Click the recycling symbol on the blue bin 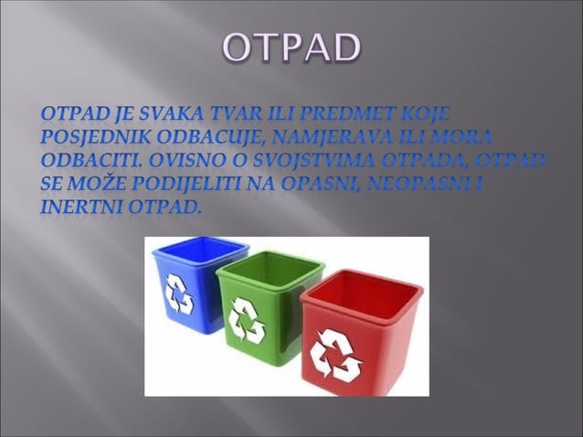(x=178, y=294)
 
